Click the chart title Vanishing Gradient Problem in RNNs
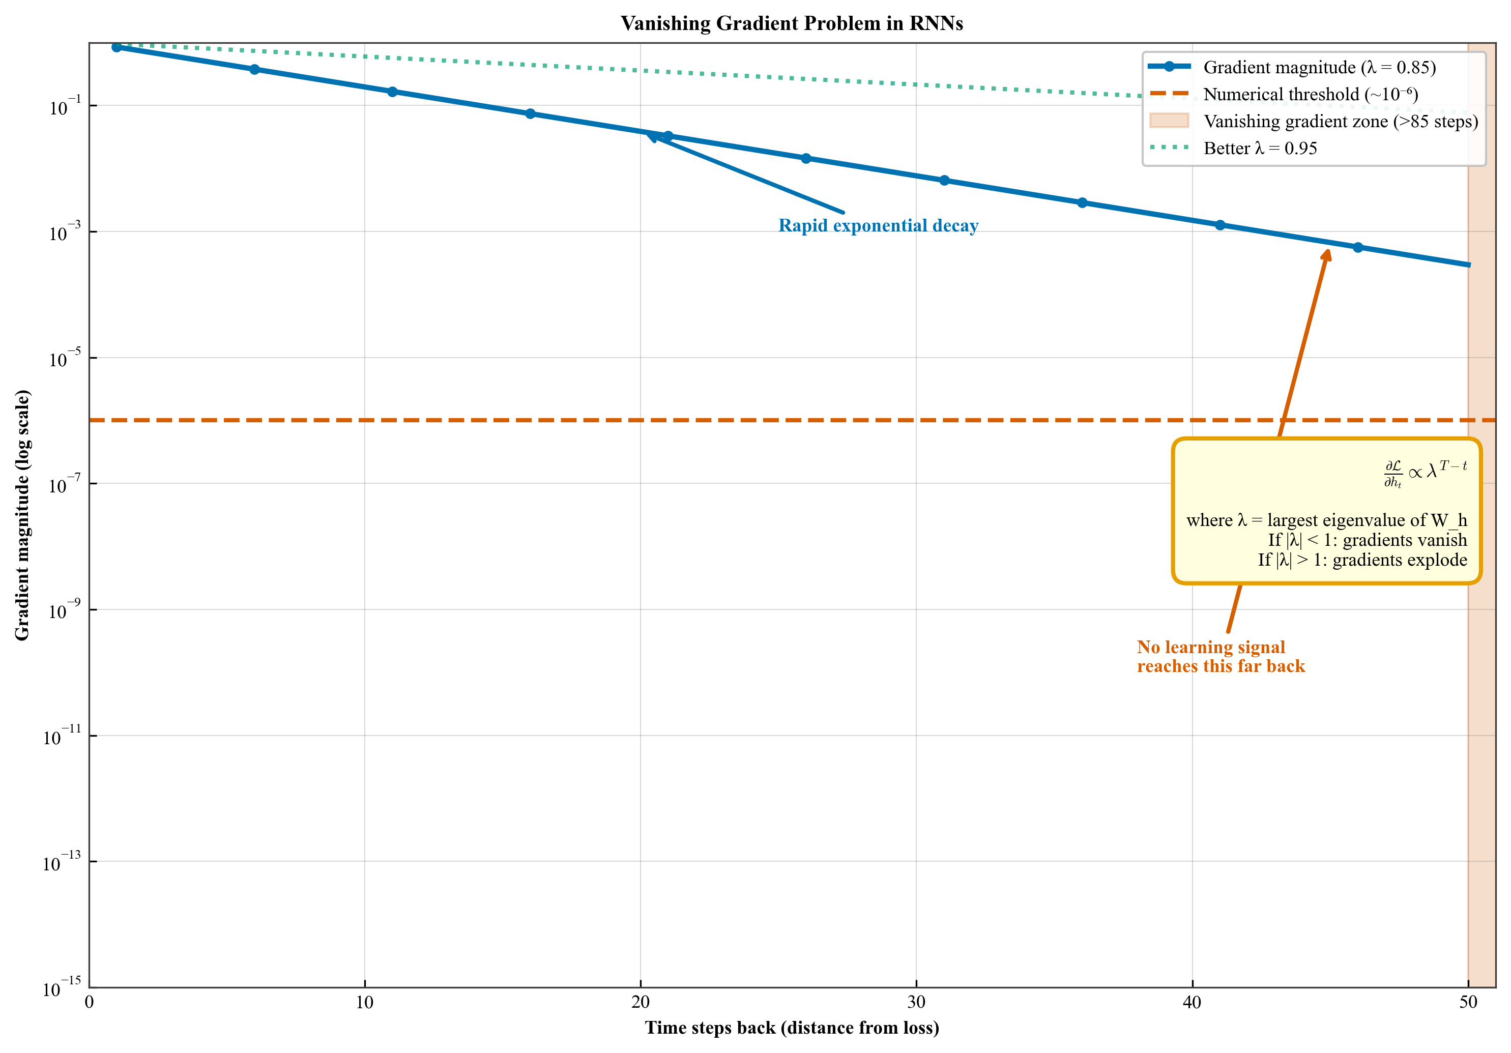[x=791, y=24]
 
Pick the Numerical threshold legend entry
[x=1310, y=94]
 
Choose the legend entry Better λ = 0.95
[x=1260, y=148]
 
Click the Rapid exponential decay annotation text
[x=878, y=226]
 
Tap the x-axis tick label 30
[x=916, y=1002]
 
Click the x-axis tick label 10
[x=365, y=1002]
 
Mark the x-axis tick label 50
[x=1468, y=1002]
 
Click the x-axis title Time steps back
[x=791, y=1028]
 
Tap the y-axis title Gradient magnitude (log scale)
[x=22, y=515]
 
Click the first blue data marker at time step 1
[x=117, y=47]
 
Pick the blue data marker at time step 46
[x=1358, y=247]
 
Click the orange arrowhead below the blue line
[x=1327, y=255]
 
